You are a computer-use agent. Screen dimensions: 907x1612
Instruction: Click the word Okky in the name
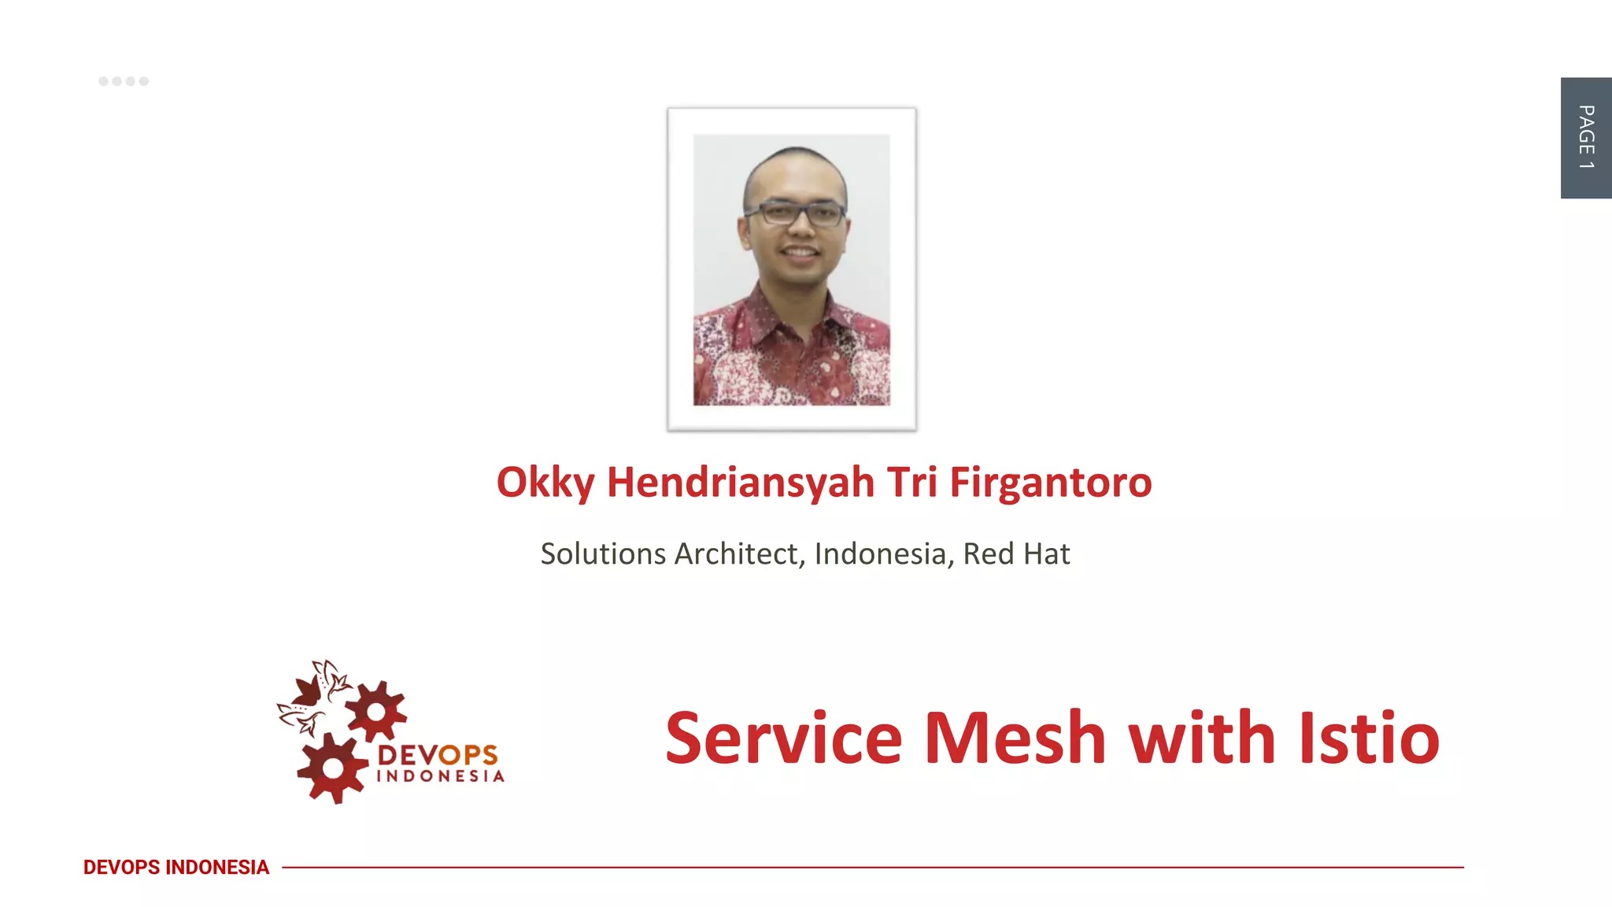pos(545,482)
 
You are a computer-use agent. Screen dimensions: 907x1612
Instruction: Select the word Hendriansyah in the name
pos(740,482)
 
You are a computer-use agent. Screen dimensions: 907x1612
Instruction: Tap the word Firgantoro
pos(1051,482)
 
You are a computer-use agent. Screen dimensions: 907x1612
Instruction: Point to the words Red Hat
pos(1016,553)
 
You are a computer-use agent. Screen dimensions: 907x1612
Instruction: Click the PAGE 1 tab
pos(1585,138)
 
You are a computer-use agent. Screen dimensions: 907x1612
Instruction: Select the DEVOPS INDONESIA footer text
pos(176,867)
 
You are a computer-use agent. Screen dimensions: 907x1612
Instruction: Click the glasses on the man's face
pos(795,213)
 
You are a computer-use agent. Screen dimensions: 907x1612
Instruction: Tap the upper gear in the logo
pos(376,712)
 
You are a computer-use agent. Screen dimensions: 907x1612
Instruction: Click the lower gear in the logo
pos(333,768)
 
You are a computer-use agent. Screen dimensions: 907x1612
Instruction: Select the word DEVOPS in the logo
pos(438,755)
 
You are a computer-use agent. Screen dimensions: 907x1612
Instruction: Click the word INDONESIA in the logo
pos(440,776)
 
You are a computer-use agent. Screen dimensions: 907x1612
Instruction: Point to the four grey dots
pos(124,81)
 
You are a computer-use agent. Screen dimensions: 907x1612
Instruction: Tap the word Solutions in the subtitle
pos(603,553)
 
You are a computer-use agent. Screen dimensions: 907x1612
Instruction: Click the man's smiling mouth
pos(800,253)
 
